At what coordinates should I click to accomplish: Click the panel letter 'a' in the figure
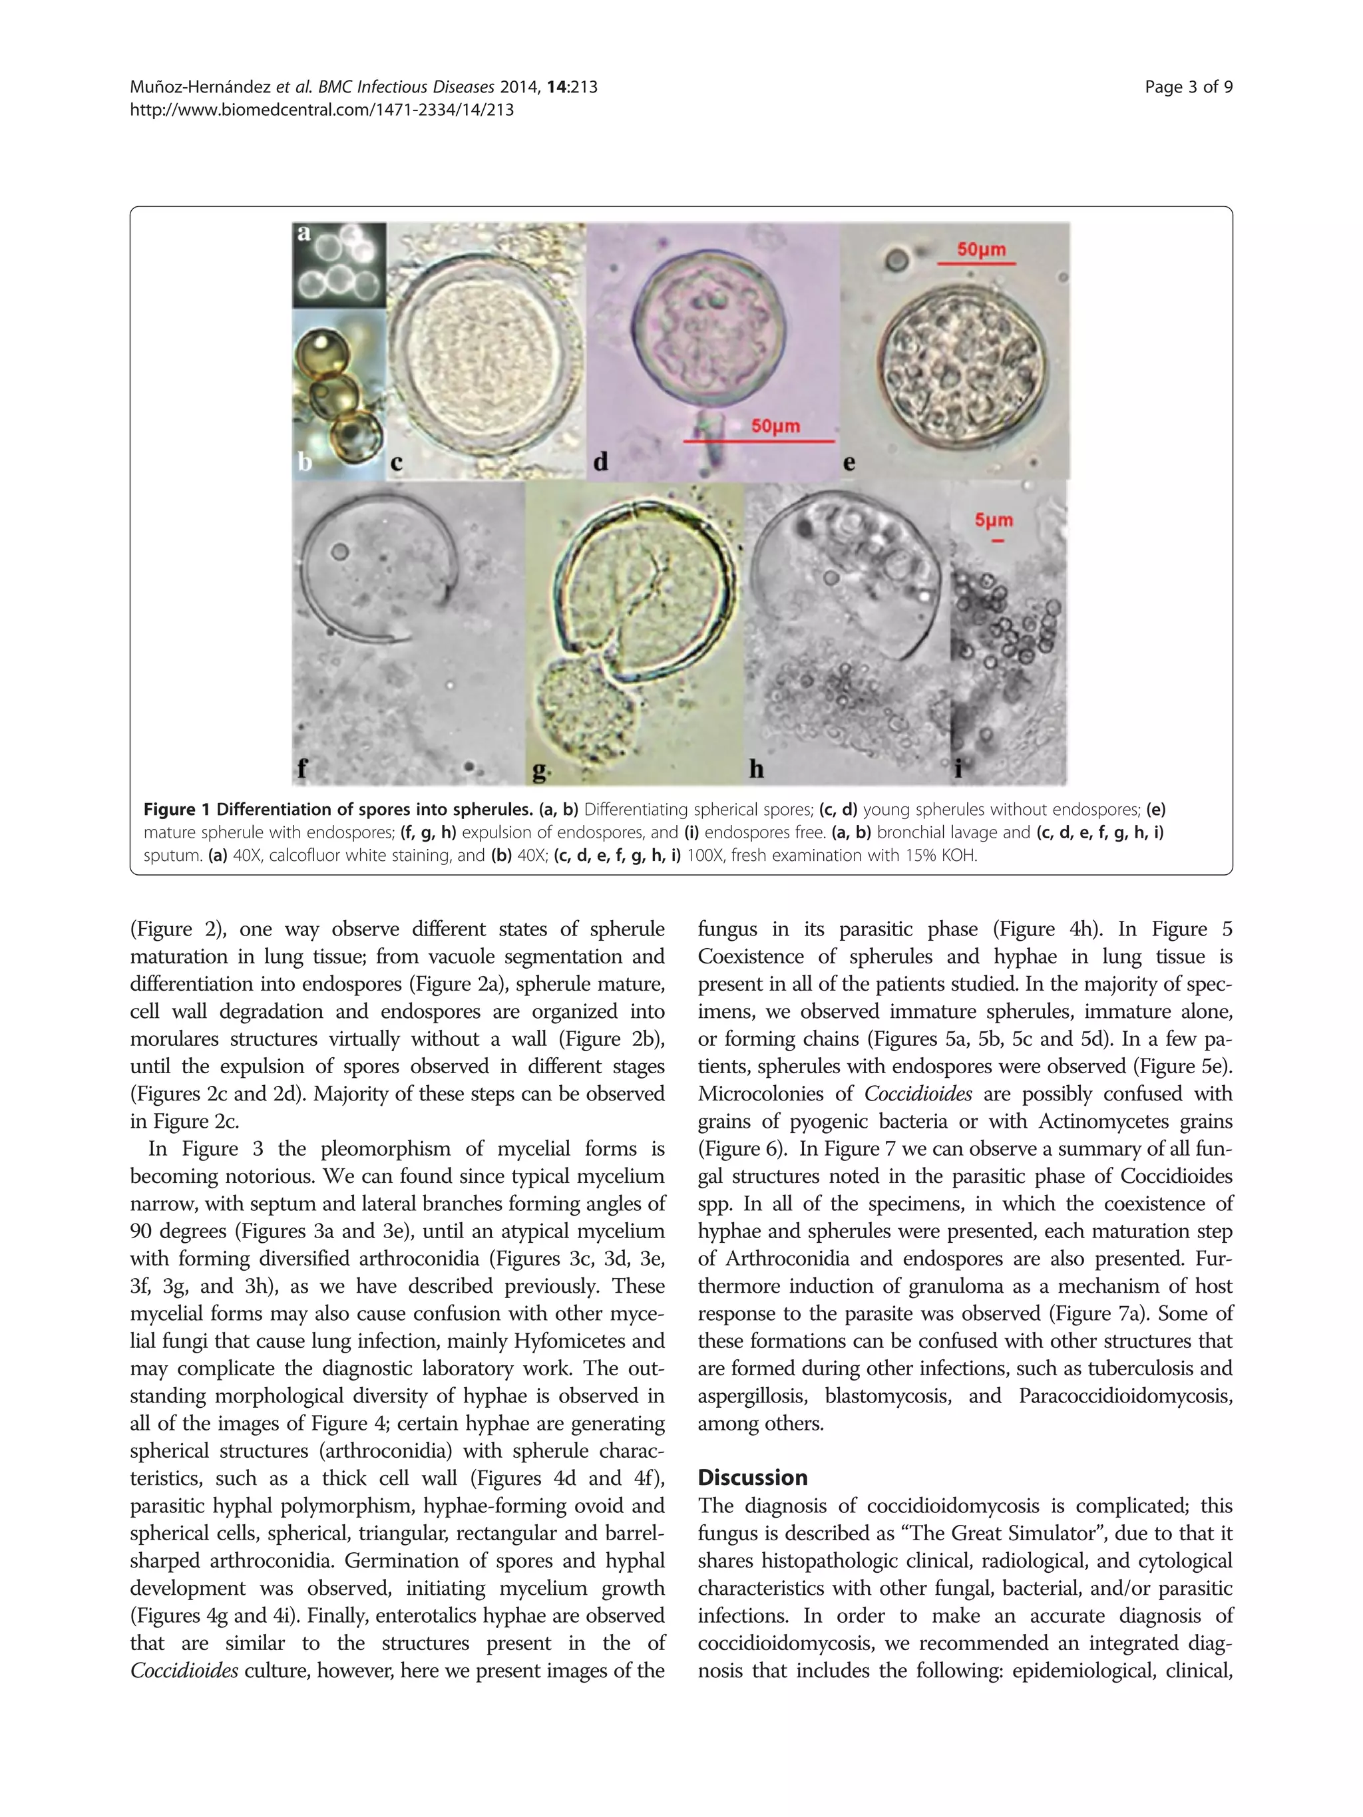[304, 234]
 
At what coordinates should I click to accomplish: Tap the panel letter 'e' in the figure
[849, 463]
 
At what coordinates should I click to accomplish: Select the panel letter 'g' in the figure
[539, 770]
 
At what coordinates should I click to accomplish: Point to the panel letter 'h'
[756, 769]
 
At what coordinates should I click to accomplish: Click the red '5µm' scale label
[993, 520]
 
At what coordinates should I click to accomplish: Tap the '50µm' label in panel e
[981, 249]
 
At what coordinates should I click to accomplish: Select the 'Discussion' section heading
[752, 1478]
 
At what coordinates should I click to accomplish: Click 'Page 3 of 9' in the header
[1188, 87]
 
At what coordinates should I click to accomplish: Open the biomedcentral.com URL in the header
[321, 109]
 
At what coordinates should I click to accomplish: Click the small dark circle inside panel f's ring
[339, 552]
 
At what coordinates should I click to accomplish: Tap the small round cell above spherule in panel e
[896, 261]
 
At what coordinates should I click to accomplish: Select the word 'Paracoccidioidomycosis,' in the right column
[1125, 1396]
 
